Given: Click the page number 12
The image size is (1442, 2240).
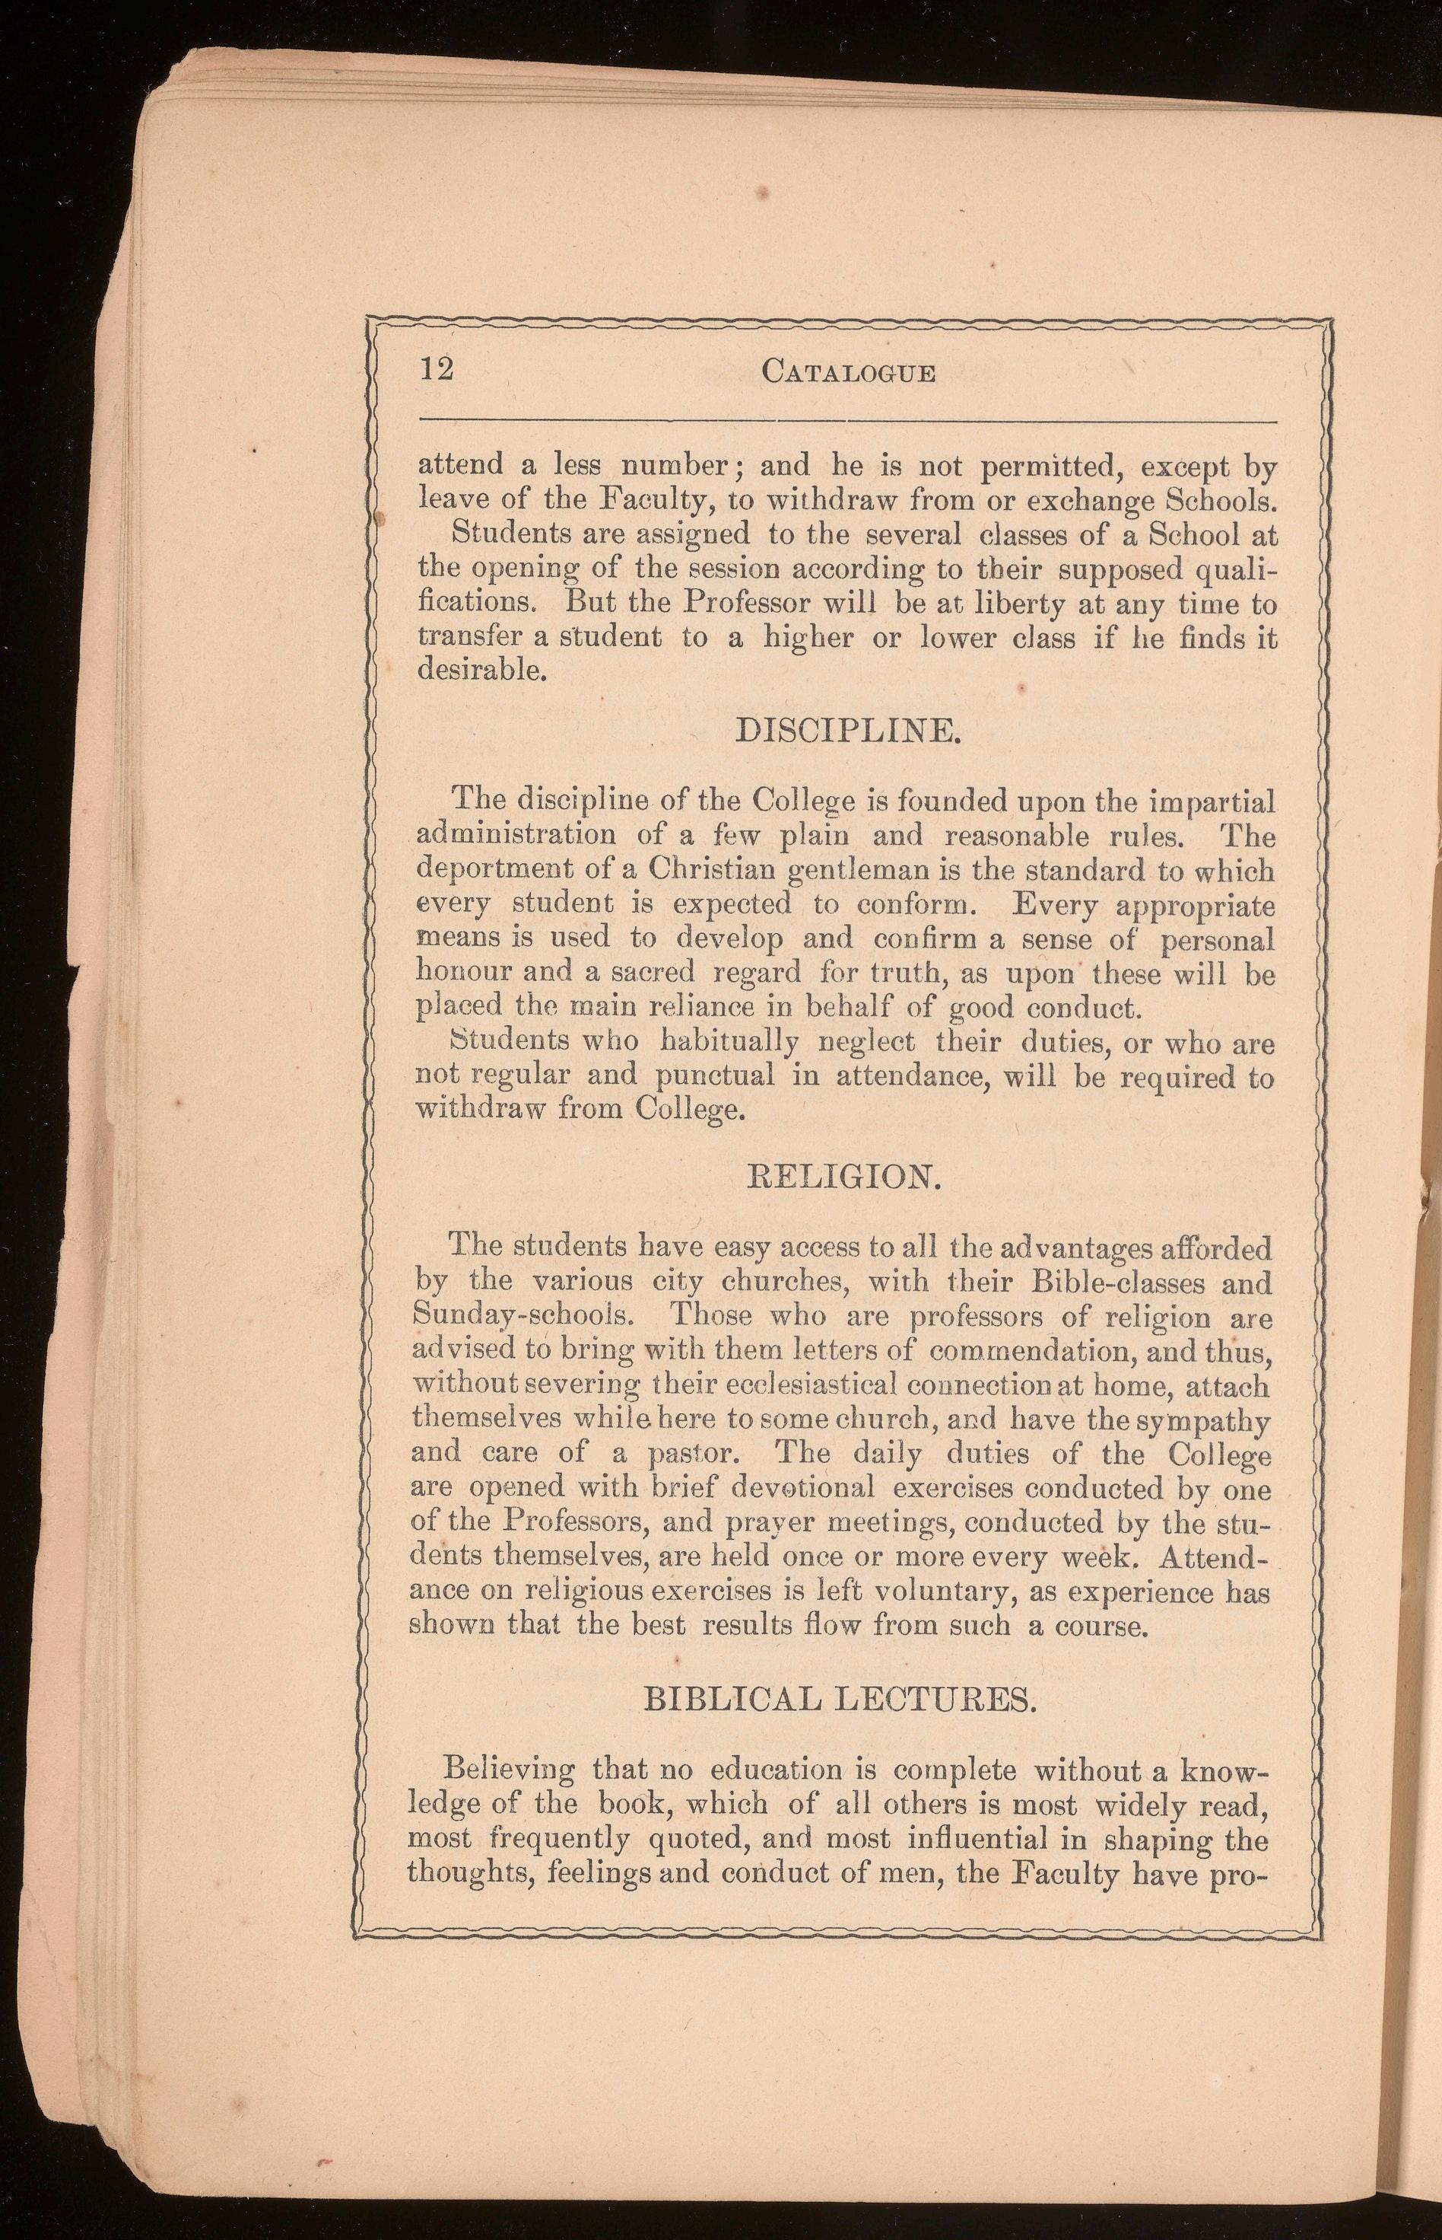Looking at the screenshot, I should (x=435, y=370).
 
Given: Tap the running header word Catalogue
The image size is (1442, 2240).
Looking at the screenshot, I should (x=848, y=372).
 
